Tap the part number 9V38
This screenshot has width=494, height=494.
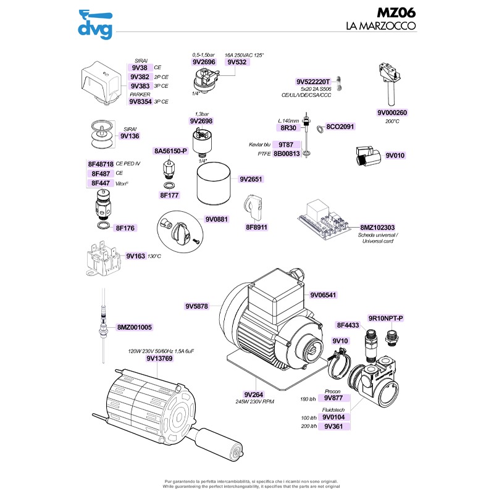140,67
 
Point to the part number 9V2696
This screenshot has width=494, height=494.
203,62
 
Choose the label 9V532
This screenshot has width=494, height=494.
237,62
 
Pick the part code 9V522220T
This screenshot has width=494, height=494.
314,82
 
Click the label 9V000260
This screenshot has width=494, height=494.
393,113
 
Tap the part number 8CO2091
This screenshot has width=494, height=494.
340,127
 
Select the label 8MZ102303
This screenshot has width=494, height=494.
377,227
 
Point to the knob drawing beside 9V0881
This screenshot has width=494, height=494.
175,227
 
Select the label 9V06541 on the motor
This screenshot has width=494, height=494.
323,295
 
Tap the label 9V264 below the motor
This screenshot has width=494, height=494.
254,395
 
